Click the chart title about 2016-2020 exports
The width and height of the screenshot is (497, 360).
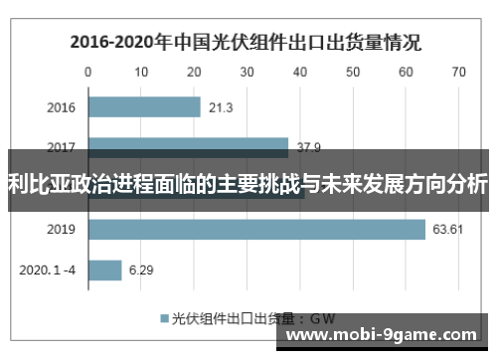click(244, 43)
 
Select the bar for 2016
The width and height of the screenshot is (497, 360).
click(144, 106)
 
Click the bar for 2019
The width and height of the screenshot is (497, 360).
click(256, 230)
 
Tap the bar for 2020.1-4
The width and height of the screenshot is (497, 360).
click(104, 270)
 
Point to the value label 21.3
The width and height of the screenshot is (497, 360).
click(221, 107)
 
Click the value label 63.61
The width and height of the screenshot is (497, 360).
click(448, 230)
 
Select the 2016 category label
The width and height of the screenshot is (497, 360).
click(62, 107)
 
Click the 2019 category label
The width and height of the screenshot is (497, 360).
click(62, 230)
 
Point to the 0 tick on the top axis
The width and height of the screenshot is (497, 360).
click(87, 72)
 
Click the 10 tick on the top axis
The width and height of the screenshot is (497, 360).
click(140, 72)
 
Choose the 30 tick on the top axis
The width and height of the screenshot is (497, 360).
click(247, 72)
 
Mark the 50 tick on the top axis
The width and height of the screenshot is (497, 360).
click(353, 72)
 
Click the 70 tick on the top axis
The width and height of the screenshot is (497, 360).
click(458, 72)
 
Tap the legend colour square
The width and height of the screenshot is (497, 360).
click(164, 318)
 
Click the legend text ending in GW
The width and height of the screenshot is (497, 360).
click(253, 318)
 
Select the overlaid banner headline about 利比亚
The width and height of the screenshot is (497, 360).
click(248, 184)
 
